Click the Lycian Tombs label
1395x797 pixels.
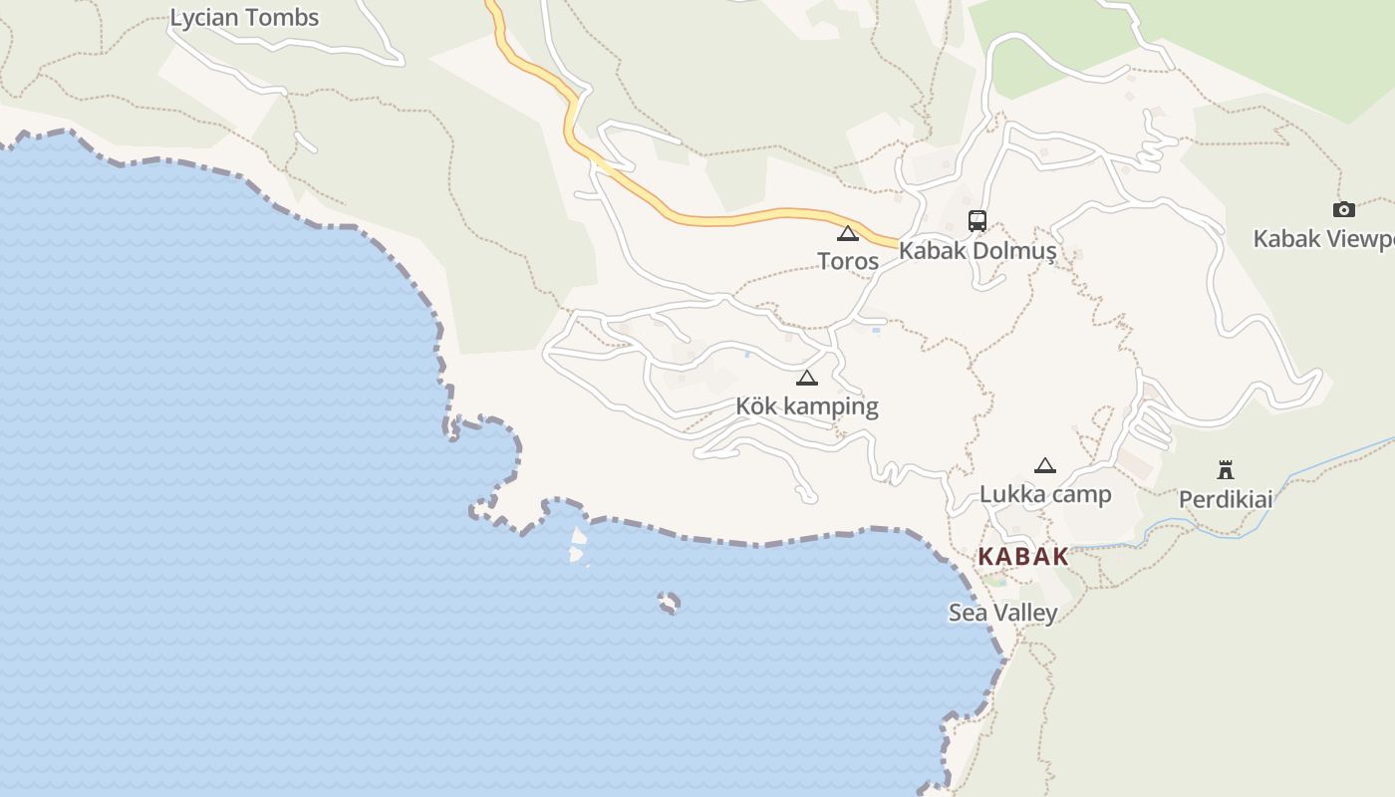[244, 18]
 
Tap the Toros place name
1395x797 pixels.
[848, 261]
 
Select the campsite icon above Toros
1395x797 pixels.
[848, 234]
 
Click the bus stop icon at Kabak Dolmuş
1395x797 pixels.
[976, 221]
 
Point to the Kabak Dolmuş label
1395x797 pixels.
[976, 250]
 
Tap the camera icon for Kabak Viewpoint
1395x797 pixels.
[1343, 209]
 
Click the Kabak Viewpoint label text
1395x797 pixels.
[1323, 239]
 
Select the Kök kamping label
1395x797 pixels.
[807, 406]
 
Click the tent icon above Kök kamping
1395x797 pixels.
[807, 379]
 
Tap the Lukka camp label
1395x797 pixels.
[1045, 494]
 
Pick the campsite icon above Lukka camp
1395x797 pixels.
[1045, 466]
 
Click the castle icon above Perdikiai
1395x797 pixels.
[1226, 470]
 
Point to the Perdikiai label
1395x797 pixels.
[1226, 499]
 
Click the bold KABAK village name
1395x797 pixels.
[1023, 557]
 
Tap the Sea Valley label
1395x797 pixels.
[1002, 613]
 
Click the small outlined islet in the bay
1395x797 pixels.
[670, 603]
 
